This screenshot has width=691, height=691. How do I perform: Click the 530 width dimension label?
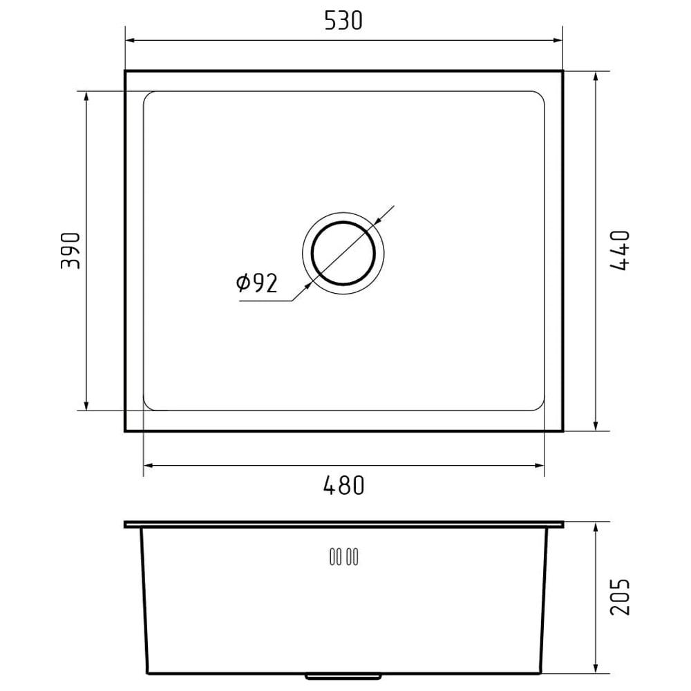tap(343, 21)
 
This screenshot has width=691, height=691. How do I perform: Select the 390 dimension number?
tap(71, 251)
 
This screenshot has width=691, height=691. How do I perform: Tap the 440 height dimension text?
tap(620, 250)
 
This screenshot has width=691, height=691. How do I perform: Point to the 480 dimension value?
tap(343, 485)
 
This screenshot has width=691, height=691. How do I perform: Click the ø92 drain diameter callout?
tap(257, 283)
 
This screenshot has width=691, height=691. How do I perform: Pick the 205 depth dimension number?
tap(620, 596)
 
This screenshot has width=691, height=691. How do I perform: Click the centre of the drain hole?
tap(343, 253)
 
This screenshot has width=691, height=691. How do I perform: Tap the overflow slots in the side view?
tap(343, 556)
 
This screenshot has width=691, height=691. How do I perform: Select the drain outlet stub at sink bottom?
tap(343, 676)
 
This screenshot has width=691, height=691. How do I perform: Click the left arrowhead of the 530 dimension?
tap(130, 41)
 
